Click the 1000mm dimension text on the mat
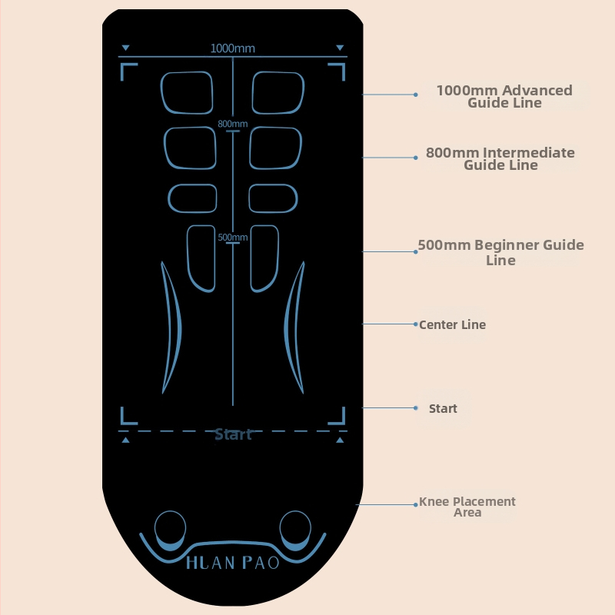coord(232,48)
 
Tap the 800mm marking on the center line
coord(232,124)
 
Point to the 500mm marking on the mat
coord(232,238)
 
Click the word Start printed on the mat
coord(233,434)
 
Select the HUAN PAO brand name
coord(233,562)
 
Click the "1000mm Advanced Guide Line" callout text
coord(504,96)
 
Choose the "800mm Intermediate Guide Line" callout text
coord(500,159)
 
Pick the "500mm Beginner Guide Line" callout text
coord(500,253)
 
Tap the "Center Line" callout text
coord(452,324)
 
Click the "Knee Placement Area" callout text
coord(467,507)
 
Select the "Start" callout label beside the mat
coord(443,408)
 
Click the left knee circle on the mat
coord(170,530)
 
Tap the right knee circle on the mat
coord(295,530)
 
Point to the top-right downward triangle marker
coord(340,48)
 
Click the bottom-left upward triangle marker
coord(126,440)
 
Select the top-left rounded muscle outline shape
coord(187,92)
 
